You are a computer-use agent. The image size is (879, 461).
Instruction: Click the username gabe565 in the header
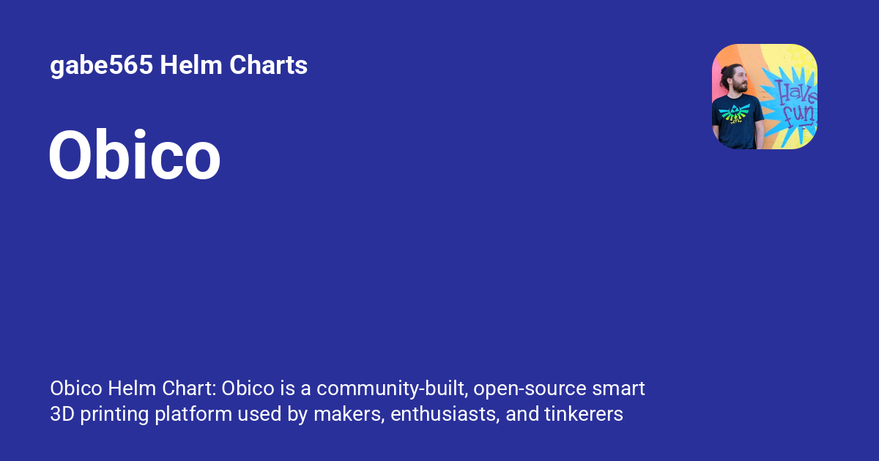click(101, 66)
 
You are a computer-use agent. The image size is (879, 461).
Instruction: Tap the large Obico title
click(135, 156)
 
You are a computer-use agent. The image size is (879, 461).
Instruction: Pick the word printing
click(114, 414)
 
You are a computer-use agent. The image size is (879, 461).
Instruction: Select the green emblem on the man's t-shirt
click(735, 113)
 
